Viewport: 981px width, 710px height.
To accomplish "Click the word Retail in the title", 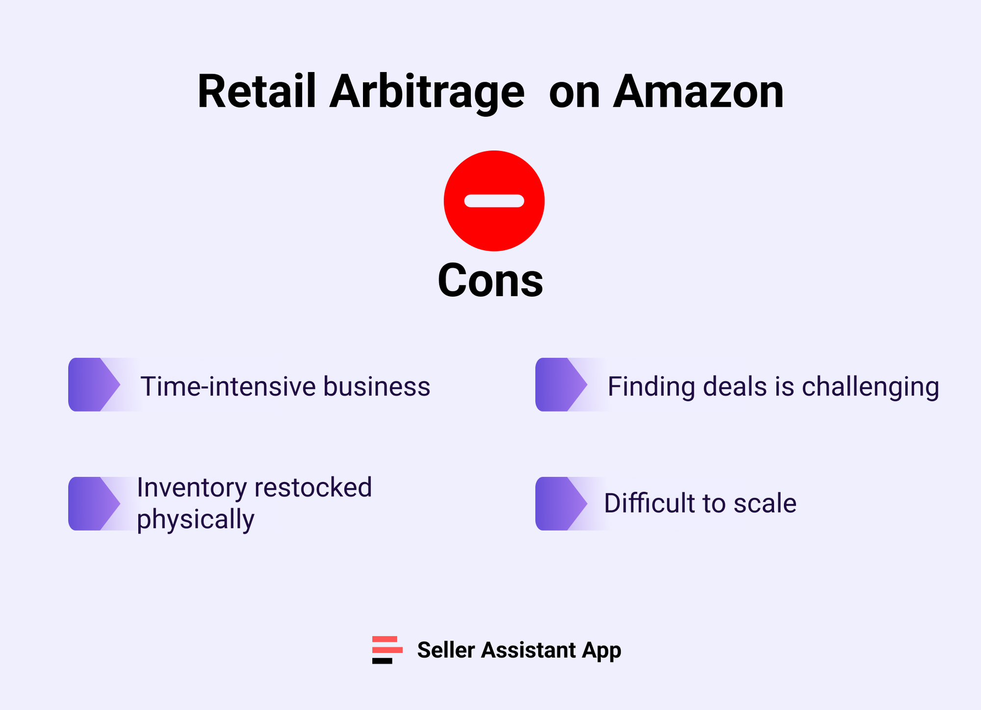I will point(257,92).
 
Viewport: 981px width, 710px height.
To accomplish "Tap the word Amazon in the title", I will point(698,92).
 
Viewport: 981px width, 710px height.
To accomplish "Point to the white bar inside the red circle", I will point(494,201).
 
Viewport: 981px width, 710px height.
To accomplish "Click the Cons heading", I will point(490,280).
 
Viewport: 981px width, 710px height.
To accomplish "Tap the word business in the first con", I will point(376,386).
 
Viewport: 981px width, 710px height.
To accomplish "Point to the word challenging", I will point(870,387).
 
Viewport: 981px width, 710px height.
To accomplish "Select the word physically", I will point(196,520).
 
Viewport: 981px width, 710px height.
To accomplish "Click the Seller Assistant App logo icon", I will point(387,650).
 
